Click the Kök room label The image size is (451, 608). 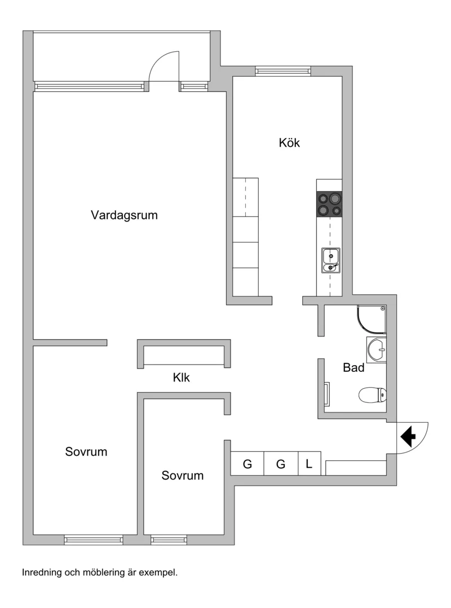[289, 143]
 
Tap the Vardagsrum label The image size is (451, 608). [124, 215]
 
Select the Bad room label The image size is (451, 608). [353, 369]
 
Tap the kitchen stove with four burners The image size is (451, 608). [329, 204]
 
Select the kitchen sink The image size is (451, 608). [331, 260]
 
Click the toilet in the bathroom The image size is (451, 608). [373, 395]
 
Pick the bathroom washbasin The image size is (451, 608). [377, 350]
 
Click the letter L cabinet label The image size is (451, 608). [309, 464]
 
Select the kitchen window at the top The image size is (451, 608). [282, 70]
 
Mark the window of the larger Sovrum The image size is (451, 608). [94, 540]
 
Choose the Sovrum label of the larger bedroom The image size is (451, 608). [86, 452]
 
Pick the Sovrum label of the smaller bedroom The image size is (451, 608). [182, 476]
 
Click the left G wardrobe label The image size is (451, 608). [247, 464]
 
